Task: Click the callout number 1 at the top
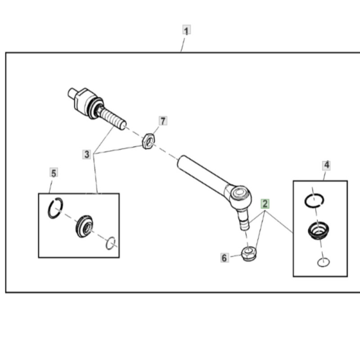186,31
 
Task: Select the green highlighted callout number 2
265,203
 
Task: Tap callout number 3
87,154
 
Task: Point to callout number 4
327,165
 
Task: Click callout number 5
54,173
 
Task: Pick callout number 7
162,121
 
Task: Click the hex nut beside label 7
148,141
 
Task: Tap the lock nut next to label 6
248,254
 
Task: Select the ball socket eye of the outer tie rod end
239,194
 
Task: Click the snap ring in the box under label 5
55,208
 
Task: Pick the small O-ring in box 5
111,243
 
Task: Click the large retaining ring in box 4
314,200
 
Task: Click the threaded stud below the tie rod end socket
243,222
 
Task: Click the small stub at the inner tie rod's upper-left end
72,93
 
